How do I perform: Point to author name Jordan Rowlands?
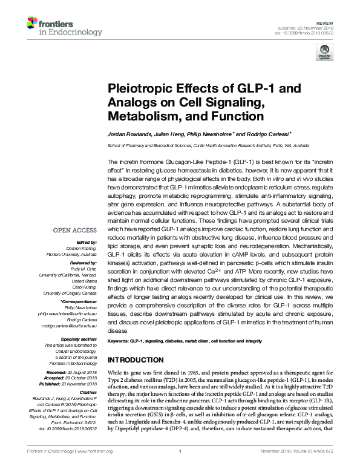126,133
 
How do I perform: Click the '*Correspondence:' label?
79,300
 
